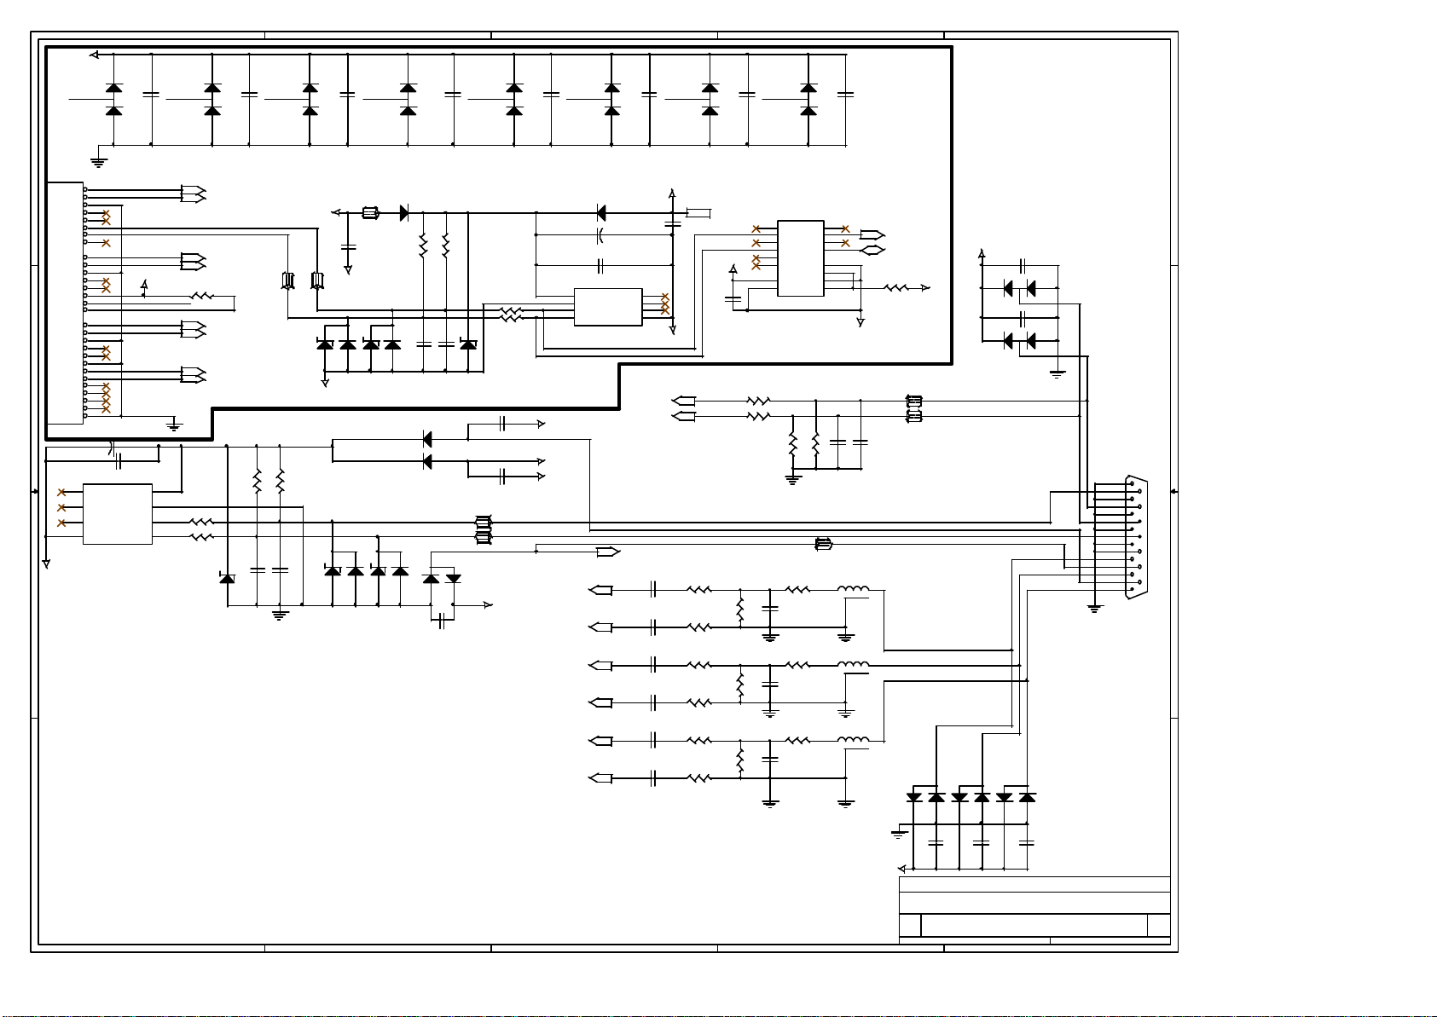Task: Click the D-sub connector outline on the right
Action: pos(1137,537)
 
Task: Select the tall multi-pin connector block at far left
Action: pos(65,303)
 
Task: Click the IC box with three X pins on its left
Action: pos(117,514)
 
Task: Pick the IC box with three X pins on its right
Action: pos(607,307)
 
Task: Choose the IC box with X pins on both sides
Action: pos(800,258)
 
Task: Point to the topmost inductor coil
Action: pos(853,589)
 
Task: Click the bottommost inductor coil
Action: pos(853,740)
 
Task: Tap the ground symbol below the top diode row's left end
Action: pos(99,161)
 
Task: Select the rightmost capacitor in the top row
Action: pos(845,95)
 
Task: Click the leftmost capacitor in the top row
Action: pos(151,95)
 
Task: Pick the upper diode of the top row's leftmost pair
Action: pos(113,88)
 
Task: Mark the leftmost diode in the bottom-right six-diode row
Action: pos(914,798)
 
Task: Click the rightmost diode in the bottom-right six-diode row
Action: pos(1027,798)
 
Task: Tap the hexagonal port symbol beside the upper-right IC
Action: pos(872,250)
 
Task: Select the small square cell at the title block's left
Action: pos(910,925)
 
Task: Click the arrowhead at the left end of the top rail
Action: pos(94,55)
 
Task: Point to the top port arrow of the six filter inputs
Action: pos(600,590)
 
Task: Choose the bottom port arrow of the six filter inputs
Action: pos(600,777)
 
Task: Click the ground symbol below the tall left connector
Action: pos(174,425)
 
